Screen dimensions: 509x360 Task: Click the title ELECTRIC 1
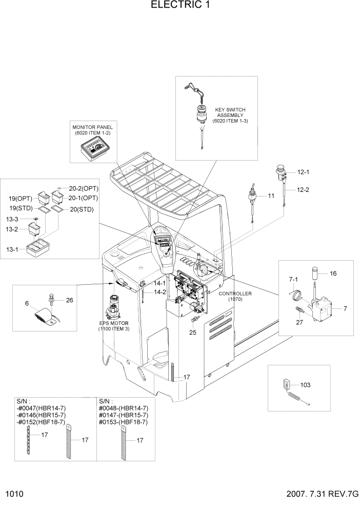tap(180, 6)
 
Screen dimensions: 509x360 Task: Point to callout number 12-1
tap(296, 172)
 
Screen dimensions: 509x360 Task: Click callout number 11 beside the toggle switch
tap(271, 195)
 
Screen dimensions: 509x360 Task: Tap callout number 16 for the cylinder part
tap(333, 274)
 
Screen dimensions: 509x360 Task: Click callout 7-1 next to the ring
tap(293, 279)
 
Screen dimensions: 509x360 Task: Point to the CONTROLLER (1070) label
tap(235, 296)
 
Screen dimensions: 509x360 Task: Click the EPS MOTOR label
tap(114, 325)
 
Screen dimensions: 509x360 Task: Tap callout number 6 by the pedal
tap(26, 304)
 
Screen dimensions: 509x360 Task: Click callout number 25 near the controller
tap(193, 331)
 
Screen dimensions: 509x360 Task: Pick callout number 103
tap(305, 384)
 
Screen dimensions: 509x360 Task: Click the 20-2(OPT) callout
tap(83, 188)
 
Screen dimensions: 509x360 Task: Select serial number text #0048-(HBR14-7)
tap(123, 408)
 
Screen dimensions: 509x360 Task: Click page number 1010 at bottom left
tap(15, 495)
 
